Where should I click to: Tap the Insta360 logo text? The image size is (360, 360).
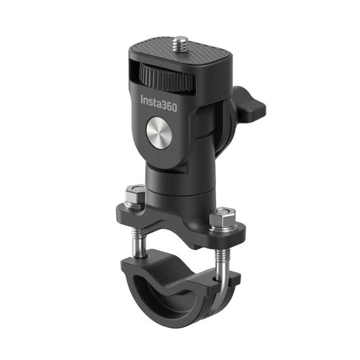159,102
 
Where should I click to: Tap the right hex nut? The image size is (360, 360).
222,220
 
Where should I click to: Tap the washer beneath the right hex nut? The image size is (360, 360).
222,230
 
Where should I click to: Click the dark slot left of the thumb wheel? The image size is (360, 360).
133,69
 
